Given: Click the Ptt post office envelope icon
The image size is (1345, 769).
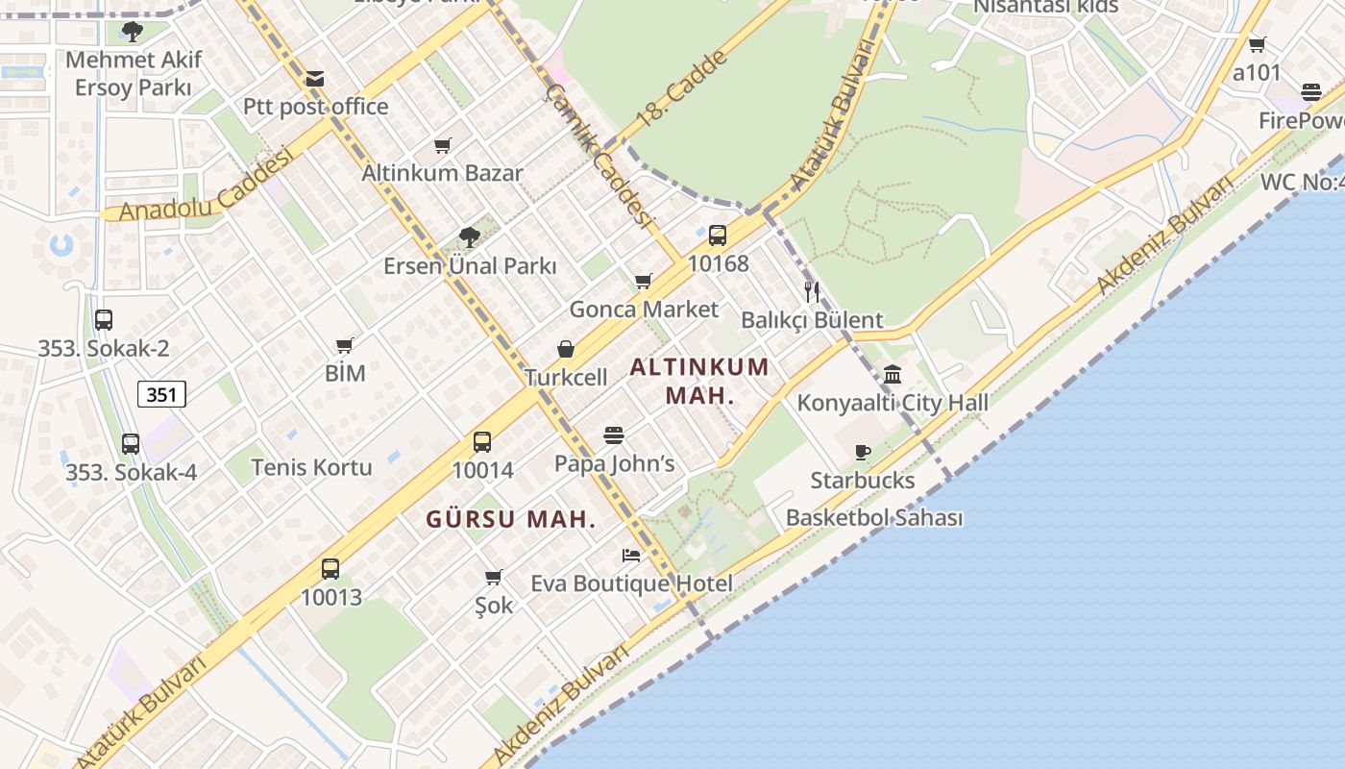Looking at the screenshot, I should (314, 79).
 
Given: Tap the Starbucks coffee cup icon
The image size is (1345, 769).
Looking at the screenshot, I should (863, 452).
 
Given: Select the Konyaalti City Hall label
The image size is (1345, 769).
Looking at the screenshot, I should (893, 403).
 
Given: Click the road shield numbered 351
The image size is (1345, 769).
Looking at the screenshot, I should (161, 393).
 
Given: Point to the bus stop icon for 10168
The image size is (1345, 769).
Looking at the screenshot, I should (718, 236).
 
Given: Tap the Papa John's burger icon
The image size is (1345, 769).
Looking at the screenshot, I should (614, 435).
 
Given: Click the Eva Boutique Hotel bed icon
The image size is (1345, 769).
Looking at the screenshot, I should (631, 556).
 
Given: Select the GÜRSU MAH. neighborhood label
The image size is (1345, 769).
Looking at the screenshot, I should (511, 519).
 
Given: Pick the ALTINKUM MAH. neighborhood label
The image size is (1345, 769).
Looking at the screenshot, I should (700, 381).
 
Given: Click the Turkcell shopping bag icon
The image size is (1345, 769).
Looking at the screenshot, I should (566, 349).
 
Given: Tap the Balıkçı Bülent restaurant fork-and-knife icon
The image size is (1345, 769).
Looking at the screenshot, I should (812, 292).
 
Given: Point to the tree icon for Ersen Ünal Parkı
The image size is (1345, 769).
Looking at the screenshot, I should (470, 237).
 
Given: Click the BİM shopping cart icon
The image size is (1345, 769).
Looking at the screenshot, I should (345, 345).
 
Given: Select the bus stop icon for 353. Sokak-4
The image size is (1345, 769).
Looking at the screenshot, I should (131, 444).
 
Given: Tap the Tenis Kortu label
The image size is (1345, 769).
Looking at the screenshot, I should (311, 467).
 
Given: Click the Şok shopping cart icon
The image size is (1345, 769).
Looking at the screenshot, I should (494, 577).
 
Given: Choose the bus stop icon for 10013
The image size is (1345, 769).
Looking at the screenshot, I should (330, 568).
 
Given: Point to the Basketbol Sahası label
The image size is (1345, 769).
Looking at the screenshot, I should (874, 517).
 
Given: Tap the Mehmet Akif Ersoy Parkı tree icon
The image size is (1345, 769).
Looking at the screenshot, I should (133, 32).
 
